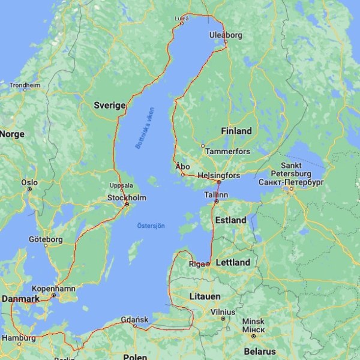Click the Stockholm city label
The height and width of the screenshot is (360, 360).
127,197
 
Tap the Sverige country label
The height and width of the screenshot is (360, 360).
110,106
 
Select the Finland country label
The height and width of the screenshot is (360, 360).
236,131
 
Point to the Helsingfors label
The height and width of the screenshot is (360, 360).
219,175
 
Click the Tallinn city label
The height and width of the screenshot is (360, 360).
216,196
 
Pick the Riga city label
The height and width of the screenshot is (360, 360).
197,263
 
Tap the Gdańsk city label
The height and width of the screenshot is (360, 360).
134,319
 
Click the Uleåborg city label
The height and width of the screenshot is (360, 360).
226,35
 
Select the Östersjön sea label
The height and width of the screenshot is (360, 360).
151,226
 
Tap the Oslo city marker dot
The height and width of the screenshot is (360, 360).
29,189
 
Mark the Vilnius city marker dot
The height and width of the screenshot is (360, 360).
223,319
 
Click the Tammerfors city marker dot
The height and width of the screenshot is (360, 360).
203,146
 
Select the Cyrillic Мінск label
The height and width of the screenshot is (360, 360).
253,330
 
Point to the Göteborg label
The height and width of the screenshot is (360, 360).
46,239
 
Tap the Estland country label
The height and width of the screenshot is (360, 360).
231,220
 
